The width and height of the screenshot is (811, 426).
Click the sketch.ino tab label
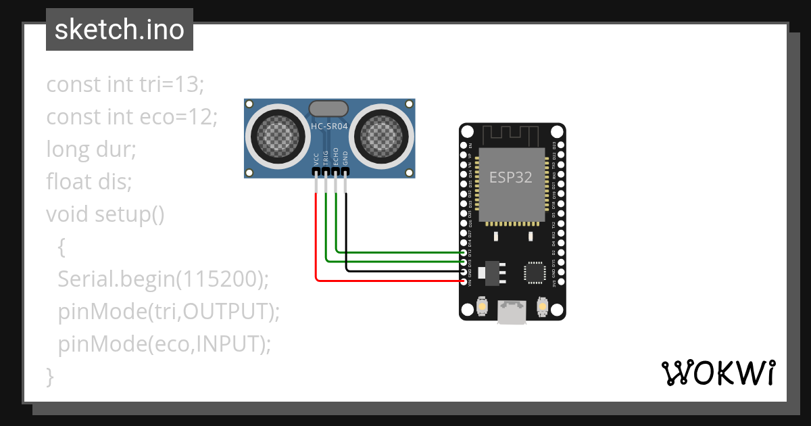coord(119,30)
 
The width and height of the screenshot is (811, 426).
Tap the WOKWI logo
coord(717,373)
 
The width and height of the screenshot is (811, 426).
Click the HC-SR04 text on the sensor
coord(328,126)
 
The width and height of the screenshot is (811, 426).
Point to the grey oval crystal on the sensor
coord(328,108)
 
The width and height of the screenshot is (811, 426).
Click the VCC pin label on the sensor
coord(316,160)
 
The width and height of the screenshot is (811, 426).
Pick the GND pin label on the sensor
coord(345,160)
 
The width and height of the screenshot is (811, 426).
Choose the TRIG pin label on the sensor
coord(326,159)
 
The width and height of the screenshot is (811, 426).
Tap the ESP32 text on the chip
coord(510,178)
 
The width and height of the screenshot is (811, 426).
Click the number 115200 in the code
coord(223,279)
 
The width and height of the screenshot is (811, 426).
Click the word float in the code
coord(67,181)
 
